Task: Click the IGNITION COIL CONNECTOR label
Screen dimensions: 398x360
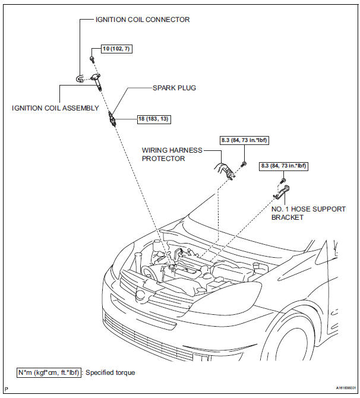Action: (x=143, y=20)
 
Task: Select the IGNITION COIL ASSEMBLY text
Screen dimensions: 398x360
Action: (x=55, y=109)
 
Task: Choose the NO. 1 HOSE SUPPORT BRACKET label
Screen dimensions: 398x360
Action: (x=308, y=213)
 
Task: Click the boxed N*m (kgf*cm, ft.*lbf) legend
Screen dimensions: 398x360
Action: (x=49, y=372)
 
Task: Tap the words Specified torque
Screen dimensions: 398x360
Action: (x=110, y=372)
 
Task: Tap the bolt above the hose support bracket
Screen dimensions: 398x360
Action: (x=284, y=179)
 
